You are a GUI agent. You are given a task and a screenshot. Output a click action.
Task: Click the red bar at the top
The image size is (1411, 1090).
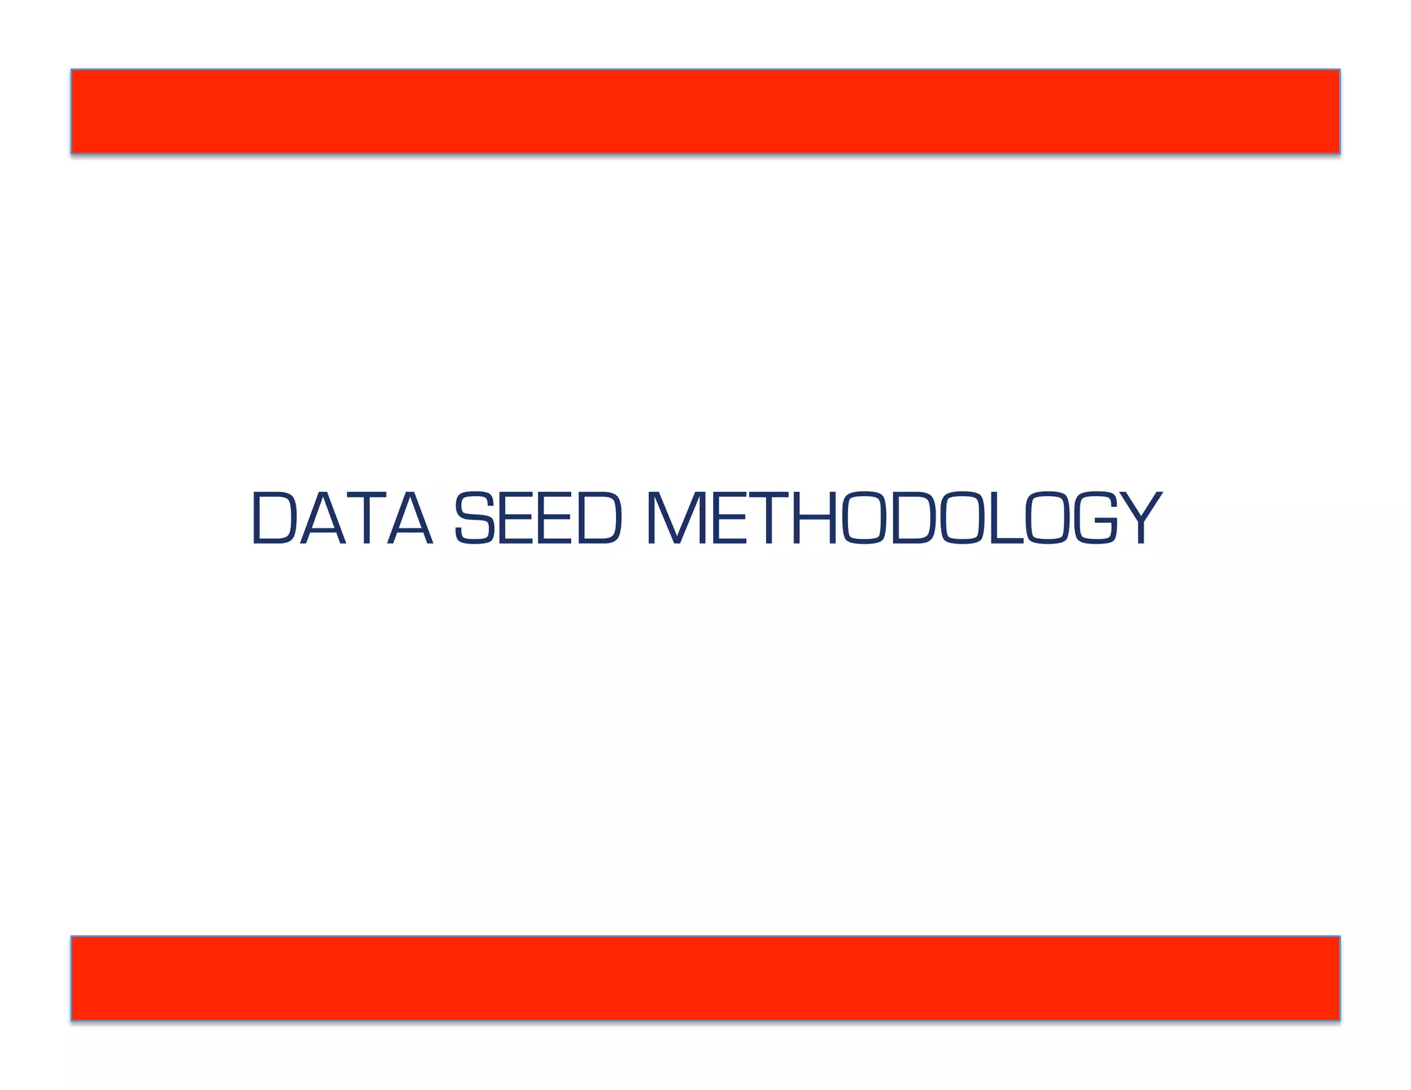[705, 111]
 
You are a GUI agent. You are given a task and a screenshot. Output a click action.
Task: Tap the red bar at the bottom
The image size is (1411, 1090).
[705, 978]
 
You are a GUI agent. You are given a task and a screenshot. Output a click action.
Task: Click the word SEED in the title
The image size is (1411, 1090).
[538, 517]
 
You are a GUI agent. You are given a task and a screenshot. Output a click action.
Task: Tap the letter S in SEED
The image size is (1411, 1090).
[475, 517]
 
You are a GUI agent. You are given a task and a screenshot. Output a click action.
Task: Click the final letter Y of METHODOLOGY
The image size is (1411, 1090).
[1138, 517]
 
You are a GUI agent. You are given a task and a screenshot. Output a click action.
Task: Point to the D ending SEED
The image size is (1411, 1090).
[599, 517]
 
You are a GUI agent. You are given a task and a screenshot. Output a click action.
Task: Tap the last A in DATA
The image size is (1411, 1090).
[411, 517]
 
